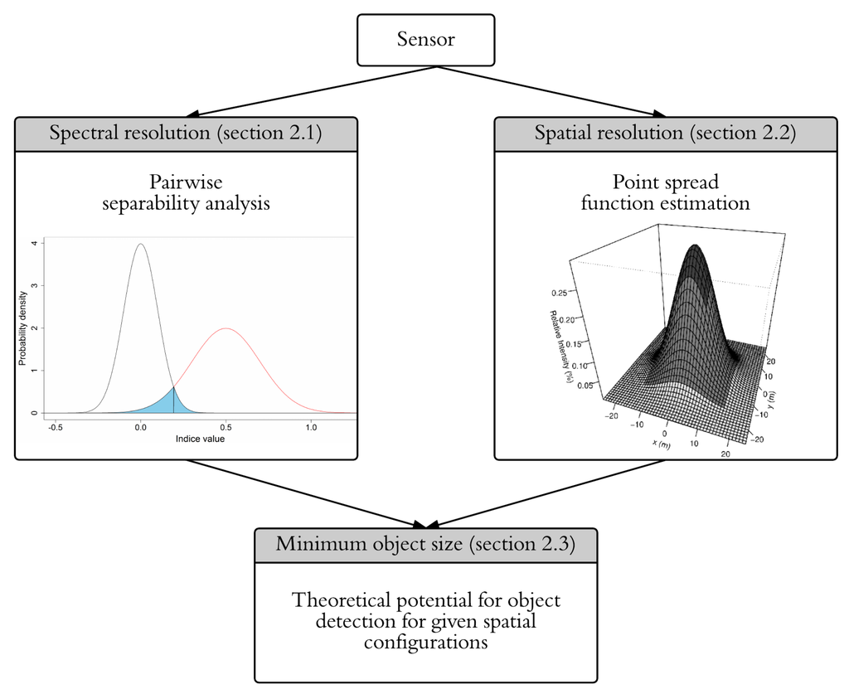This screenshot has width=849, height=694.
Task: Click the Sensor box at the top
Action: click(x=425, y=40)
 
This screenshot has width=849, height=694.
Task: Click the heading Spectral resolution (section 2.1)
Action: click(x=186, y=133)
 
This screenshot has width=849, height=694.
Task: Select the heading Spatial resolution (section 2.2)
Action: click(x=665, y=133)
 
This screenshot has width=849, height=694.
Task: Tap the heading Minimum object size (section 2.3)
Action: click(x=425, y=545)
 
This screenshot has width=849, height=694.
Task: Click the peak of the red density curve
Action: click(x=226, y=328)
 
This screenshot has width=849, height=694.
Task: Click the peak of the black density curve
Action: click(x=140, y=245)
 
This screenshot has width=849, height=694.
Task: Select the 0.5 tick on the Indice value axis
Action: click(x=226, y=427)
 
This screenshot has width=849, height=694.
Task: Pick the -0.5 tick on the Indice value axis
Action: click(x=56, y=427)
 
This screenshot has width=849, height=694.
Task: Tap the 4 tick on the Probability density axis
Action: click(x=33, y=244)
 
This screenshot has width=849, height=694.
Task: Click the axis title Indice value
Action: click(x=200, y=439)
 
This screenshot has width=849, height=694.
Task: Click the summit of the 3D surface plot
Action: click(x=695, y=246)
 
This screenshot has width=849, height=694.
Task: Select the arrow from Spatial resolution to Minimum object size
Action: click(x=547, y=493)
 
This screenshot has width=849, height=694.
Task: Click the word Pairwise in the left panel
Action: click(x=186, y=182)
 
